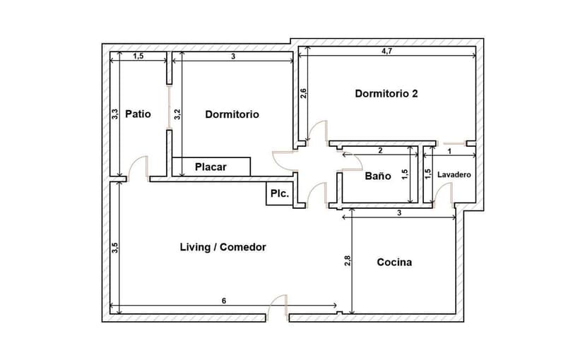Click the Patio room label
click(x=138, y=114)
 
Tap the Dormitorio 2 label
click(x=386, y=93)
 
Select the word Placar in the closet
click(x=211, y=167)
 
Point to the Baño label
click(x=377, y=176)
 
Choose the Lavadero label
click(x=454, y=174)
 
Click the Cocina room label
click(x=394, y=263)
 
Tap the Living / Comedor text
click(x=223, y=247)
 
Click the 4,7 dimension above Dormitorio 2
click(x=388, y=52)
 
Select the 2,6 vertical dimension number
click(x=303, y=93)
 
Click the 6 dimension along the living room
click(x=224, y=301)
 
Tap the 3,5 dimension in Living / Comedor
click(x=114, y=248)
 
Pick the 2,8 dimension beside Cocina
click(x=348, y=261)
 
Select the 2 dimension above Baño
click(x=380, y=150)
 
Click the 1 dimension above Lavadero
click(x=449, y=150)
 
